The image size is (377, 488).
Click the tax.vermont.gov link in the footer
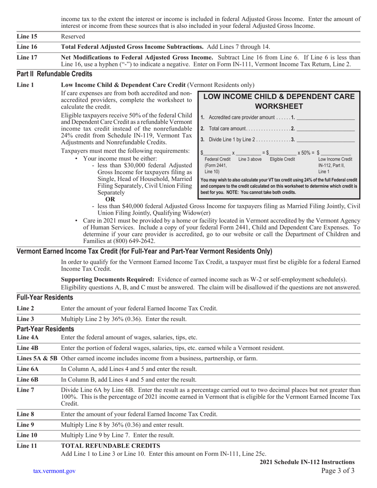pos(54,471)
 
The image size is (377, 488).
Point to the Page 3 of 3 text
pos(338,471)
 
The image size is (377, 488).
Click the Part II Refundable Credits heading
pos(54,74)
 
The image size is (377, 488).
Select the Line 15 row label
pos(27,37)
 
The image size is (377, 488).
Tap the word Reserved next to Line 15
pos(73,37)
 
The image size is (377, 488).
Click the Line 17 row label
pos(27,57)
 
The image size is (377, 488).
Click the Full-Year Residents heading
pos(45,297)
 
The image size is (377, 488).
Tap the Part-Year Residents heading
pos(45,329)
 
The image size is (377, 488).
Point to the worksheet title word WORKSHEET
pos(279,106)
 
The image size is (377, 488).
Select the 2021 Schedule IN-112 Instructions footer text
pos(307,462)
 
